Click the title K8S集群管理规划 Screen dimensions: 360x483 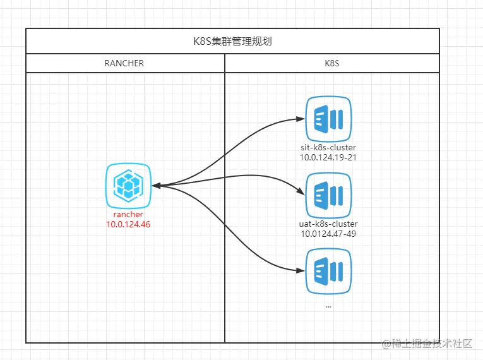coord(232,42)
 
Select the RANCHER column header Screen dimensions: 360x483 coord(124,63)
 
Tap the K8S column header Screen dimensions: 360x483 coord(331,63)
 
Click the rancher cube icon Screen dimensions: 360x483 coord(129,186)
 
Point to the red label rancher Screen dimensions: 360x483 coord(128,215)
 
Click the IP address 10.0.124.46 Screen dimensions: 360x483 coord(128,224)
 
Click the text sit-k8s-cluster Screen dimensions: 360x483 coord(328,148)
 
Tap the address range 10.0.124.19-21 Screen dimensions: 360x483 coord(328,157)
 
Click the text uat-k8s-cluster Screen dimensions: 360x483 coord(328,224)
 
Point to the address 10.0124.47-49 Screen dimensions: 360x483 coord(328,234)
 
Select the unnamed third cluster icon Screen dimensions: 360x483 coord(328,270)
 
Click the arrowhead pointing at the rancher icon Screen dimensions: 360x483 coord(156,186)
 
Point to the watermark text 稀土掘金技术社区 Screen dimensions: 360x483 coord(432,344)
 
